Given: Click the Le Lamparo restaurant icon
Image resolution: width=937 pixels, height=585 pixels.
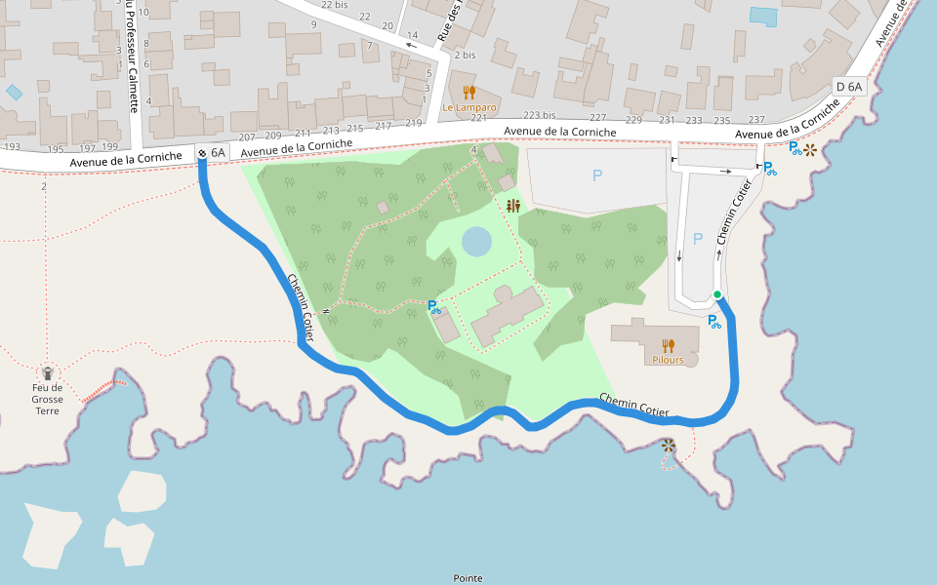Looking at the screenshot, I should [x=469, y=93].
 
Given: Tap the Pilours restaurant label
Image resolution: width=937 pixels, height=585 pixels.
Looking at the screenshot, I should [x=668, y=360].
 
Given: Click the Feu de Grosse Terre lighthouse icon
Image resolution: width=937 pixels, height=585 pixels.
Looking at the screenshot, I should [x=47, y=372].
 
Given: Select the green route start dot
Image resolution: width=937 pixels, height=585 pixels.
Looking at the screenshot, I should [x=717, y=295].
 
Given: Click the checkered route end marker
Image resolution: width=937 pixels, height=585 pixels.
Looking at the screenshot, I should [x=202, y=152].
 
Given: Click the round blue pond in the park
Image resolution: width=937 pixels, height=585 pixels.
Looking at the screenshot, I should [x=477, y=241].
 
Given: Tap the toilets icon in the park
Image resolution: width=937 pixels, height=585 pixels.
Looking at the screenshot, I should [x=513, y=206].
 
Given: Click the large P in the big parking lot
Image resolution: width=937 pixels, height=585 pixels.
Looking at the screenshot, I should [x=597, y=176].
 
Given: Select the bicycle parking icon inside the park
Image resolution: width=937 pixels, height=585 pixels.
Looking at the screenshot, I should [x=434, y=306].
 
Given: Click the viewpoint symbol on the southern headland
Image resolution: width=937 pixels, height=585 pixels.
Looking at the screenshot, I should [x=668, y=447].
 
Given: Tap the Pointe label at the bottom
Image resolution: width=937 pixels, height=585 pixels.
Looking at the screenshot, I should [x=468, y=578].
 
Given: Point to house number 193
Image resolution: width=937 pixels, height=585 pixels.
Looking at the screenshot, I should [x=12, y=148].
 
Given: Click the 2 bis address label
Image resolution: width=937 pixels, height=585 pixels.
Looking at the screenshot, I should [x=465, y=55].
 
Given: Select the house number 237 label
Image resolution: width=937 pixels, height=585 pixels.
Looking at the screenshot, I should [x=755, y=120].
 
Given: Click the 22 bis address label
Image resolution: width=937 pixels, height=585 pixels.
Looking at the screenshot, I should [x=334, y=5].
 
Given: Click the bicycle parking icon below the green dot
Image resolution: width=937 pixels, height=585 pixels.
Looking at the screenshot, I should [x=714, y=321].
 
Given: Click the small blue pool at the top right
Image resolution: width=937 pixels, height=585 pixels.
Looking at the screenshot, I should [x=764, y=16].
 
